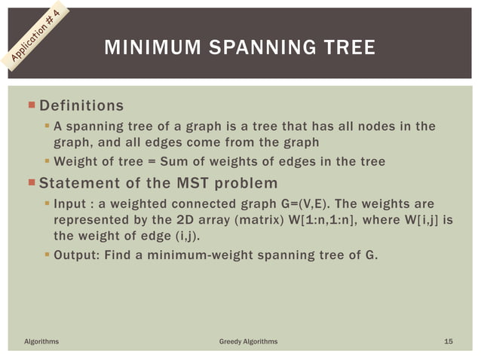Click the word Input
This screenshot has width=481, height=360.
coord(72,203)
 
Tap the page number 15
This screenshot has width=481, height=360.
coord(449,342)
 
